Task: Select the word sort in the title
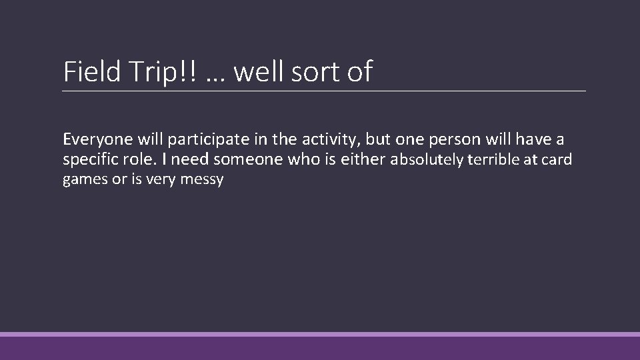pyautogui.click(x=315, y=72)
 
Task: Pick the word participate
pyautogui.click(x=201, y=140)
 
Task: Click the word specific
pyautogui.click(x=87, y=161)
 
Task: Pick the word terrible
pyautogui.click(x=493, y=160)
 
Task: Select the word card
pyautogui.click(x=558, y=160)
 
